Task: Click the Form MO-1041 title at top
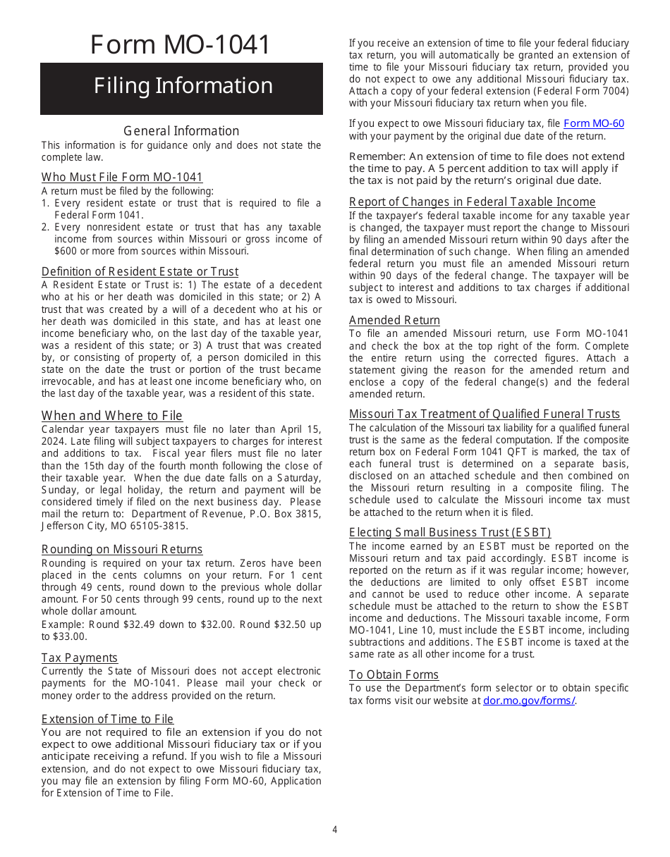181,44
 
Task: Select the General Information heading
181,131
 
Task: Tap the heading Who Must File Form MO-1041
122,178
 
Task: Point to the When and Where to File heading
111,416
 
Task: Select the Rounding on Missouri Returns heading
122,550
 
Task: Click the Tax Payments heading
79,658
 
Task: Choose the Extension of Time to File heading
107,720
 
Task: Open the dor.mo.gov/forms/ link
528,701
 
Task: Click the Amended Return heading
394,321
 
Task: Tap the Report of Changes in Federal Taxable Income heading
472,202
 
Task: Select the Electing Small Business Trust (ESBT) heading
450,533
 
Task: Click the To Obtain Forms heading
394,675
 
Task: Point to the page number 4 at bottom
335,830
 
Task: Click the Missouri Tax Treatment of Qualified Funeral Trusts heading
485,414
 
